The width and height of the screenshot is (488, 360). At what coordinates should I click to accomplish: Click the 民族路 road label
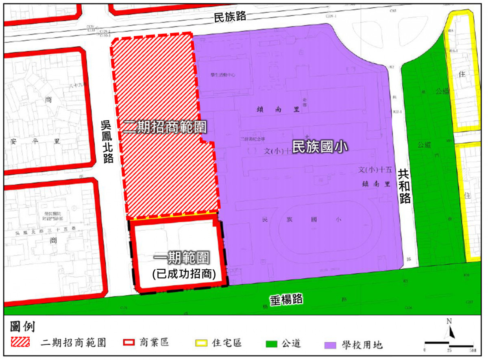pos(230,17)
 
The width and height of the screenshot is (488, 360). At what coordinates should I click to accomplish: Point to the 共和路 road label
pos(405,186)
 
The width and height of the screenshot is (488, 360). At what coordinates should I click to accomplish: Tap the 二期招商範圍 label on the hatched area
pos(165,127)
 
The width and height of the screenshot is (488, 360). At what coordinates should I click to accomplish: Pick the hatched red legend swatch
pos(20,342)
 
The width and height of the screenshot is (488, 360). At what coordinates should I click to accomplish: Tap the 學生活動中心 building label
pos(222,75)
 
